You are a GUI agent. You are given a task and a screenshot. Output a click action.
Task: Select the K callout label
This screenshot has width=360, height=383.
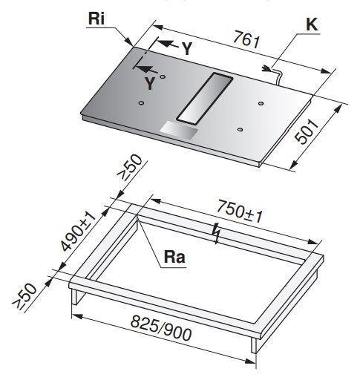click(x=312, y=24)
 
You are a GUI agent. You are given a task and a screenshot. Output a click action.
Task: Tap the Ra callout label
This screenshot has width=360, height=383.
click(x=174, y=257)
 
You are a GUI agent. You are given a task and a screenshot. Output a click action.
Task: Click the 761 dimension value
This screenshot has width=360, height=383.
click(x=246, y=39)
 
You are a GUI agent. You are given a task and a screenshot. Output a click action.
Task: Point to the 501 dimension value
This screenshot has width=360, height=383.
click(x=306, y=131)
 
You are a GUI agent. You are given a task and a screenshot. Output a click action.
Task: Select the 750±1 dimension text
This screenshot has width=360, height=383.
click(x=239, y=212)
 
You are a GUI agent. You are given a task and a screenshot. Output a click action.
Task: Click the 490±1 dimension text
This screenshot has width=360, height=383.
click(x=78, y=232)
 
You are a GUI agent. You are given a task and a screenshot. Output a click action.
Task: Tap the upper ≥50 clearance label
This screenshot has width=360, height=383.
click(x=130, y=168)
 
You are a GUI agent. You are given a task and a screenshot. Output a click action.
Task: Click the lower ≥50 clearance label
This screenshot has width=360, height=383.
click(x=24, y=296)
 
